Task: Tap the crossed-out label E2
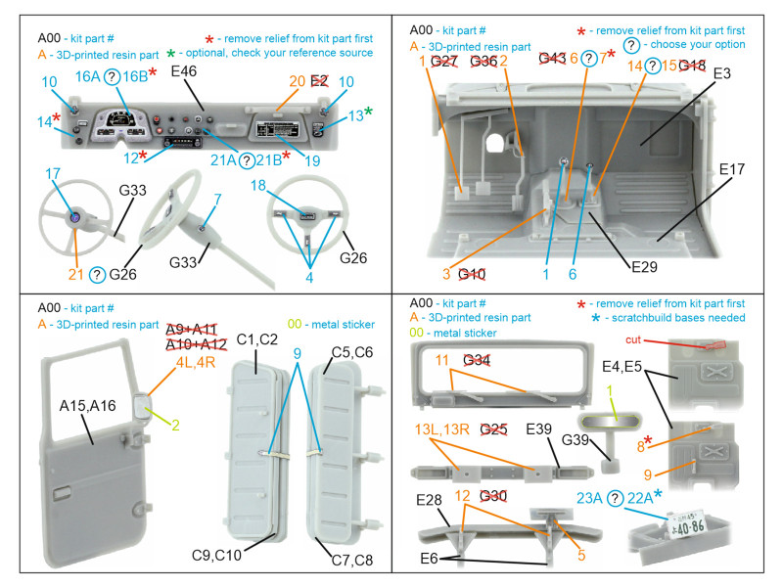point(319,81)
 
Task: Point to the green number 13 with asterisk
point(358,114)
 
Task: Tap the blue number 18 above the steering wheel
point(286,185)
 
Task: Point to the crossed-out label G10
point(472,275)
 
